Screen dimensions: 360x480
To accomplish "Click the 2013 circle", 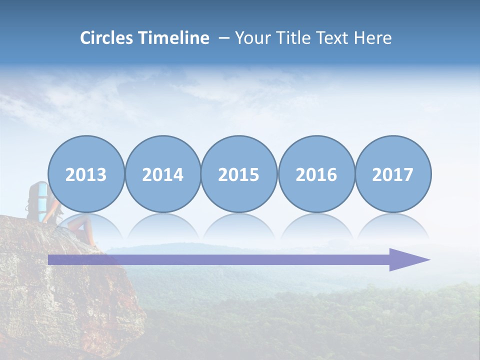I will point(86,174).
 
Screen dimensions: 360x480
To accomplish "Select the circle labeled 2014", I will point(163,174).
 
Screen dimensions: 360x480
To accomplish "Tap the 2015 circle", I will point(239,174).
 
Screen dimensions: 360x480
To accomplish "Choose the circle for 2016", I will point(316,174).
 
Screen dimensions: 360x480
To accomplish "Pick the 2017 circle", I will point(393,174).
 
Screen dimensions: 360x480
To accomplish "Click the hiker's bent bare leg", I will point(80,227).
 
